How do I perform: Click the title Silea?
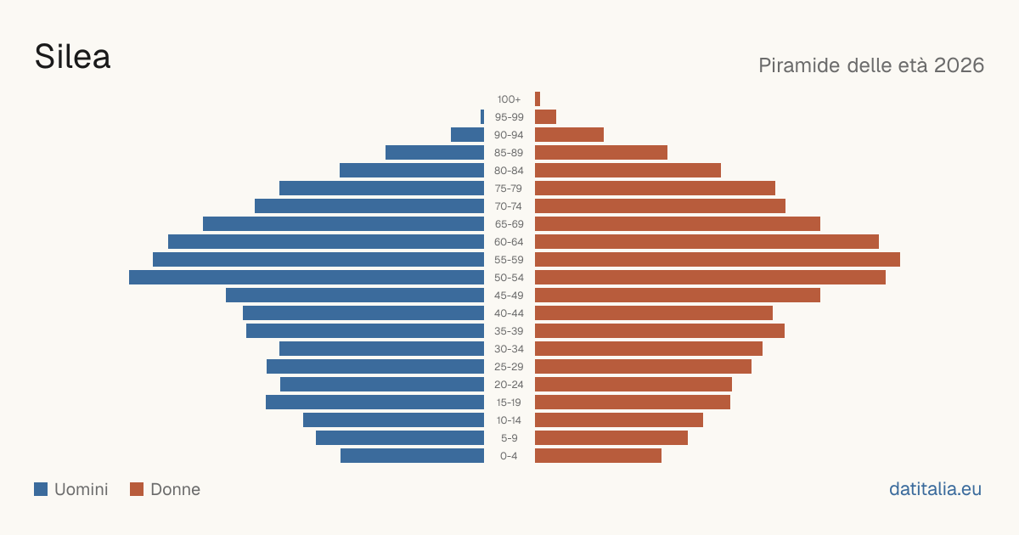(x=72, y=57)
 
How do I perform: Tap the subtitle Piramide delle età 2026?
(x=871, y=65)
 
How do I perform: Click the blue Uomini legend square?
(x=41, y=489)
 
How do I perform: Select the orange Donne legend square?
(x=137, y=489)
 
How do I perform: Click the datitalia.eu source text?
(x=935, y=489)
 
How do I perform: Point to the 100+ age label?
(x=509, y=99)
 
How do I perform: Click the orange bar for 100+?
(x=538, y=99)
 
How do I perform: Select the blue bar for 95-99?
(x=482, y=117)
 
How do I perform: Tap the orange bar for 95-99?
(x=545, y=117)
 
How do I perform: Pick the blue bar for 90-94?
(x=467, y=135)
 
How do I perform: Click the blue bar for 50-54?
(x=307, y=278)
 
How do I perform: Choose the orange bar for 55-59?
(x=718, y=260)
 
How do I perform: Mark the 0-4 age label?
(x=509, y=456)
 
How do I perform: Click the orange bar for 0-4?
(x=598, y=456)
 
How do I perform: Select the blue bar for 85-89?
(x=435, y=152)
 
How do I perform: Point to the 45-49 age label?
(x=509, y=296)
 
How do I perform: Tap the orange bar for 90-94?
(x=569, y=135)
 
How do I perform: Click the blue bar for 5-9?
(x=400, y=438)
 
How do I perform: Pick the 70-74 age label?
(x=509, y=206)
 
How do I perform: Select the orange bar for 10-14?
(x=619, y=420)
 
